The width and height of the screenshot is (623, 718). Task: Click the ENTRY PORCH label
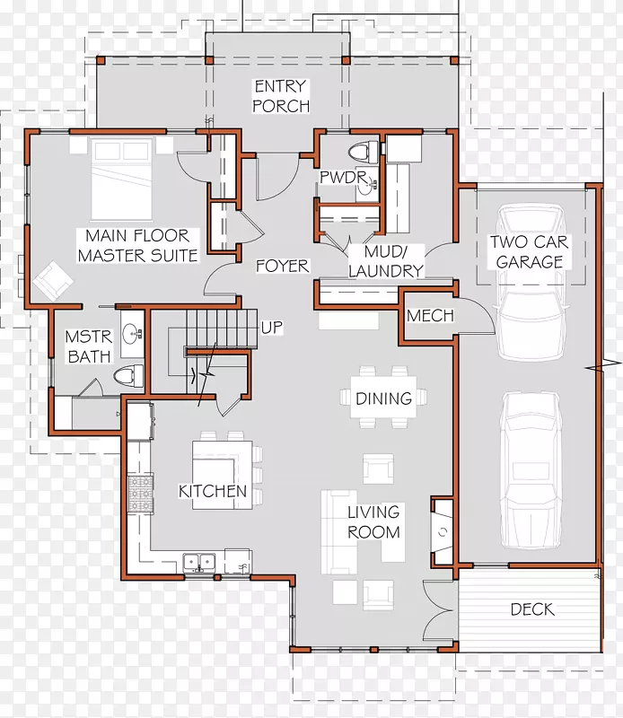point(281,96)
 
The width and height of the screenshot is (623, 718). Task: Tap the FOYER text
point(282,266)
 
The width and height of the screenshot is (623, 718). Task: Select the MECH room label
point(430,315)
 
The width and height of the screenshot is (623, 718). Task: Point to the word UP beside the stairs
point(272,328)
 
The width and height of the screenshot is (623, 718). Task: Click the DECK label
point(532,609)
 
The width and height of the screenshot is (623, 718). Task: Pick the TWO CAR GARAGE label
point(530,252)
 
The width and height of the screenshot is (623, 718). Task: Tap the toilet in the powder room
point(364,152)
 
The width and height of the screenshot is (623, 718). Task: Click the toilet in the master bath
point(128,376)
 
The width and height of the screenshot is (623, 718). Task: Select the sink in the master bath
point(132,334)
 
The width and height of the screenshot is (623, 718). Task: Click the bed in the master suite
point(121,179)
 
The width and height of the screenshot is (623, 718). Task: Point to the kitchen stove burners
point(140,494)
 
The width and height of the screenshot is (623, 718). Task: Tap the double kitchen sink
point(199,562)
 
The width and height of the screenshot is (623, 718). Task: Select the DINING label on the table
point(384,398)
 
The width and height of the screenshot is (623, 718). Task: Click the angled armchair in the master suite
point(52,281)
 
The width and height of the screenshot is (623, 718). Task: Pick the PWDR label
point(343,177)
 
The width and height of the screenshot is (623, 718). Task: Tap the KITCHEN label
point(213,491)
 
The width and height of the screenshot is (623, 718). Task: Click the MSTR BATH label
point(89,346)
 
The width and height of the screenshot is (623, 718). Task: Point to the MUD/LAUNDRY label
point(386,261)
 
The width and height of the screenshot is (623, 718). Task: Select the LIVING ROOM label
point(373,522)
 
